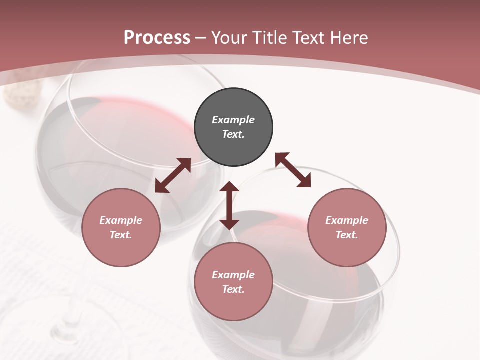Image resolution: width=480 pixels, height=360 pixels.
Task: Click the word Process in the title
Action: pos(157,38)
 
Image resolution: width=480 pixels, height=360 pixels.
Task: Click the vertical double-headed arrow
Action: pos(229,206)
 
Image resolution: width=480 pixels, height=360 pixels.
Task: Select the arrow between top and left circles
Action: pos(173,175)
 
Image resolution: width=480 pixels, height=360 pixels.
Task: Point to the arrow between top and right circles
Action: pos(293,170)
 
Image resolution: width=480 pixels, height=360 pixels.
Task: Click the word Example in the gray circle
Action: pos(233,120)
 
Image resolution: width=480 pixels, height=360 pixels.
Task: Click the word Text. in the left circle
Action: pos(121,235)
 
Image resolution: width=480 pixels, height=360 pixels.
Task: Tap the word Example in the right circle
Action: pos(347,220)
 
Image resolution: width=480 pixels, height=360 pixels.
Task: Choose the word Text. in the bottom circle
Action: pos(233,289)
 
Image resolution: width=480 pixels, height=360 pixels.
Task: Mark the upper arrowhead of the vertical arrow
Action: pos(229,187)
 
